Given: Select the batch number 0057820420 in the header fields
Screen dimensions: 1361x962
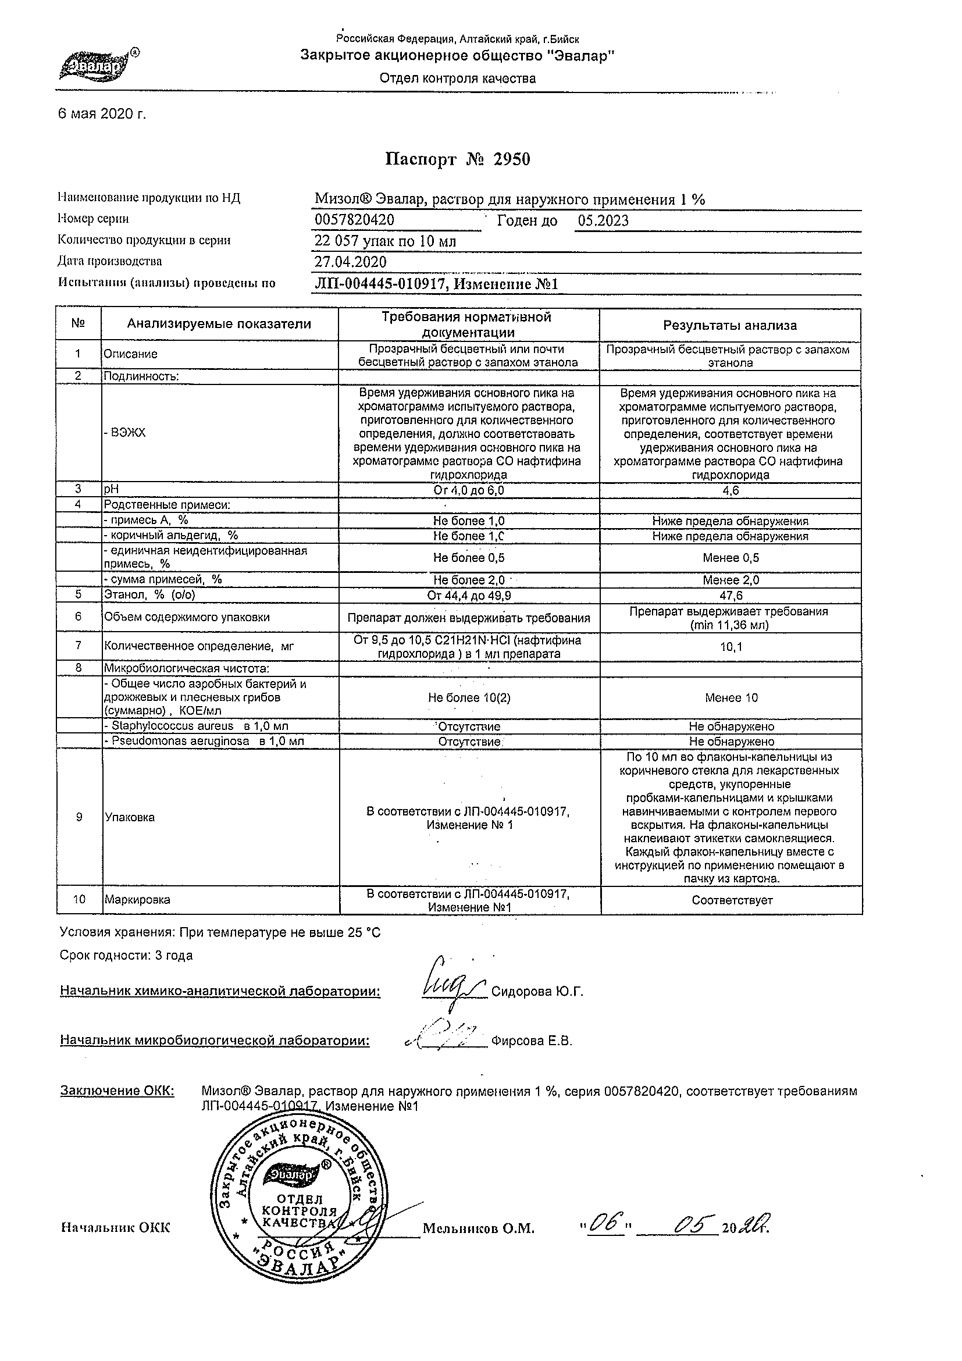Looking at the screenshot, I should click(354, 220).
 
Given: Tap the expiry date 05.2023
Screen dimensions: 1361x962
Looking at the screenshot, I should click(603, 221).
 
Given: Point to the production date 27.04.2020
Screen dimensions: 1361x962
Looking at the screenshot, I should click(350, 262).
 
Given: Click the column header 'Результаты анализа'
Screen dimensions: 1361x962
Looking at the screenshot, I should click(730, 326).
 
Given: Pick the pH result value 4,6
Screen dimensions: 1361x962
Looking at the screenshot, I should click(731, 491).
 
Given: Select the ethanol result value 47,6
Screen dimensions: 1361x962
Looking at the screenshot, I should click(731, 596).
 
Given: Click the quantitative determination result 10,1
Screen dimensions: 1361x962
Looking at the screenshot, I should click(731, 647).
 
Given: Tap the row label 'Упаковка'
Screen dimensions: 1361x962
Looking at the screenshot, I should click(129, 817).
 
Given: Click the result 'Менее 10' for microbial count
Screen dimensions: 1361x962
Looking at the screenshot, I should click(731, 698).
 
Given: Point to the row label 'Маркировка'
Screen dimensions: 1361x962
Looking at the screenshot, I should click(137, 900).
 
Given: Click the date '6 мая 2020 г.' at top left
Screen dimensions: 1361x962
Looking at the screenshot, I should click(101, 114).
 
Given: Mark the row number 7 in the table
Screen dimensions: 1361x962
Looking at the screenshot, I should click(79, 646).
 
